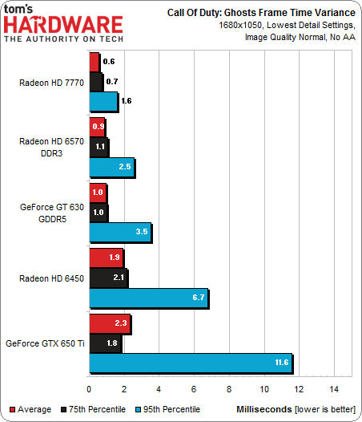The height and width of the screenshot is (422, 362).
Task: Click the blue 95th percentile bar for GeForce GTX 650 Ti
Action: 191,363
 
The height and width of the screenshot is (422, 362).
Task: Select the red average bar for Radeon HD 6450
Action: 106,258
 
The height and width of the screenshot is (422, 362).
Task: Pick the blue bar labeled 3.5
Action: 120,233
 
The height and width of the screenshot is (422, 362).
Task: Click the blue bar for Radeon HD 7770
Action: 103,101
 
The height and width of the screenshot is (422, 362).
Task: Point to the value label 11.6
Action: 280,363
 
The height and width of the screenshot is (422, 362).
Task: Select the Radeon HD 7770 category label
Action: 53,82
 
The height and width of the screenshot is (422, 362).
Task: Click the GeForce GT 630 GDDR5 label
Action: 53,212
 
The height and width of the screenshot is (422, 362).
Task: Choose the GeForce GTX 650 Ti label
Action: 46,343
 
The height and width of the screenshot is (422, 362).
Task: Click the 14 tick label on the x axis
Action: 334,389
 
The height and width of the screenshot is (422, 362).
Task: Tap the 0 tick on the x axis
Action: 89,389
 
